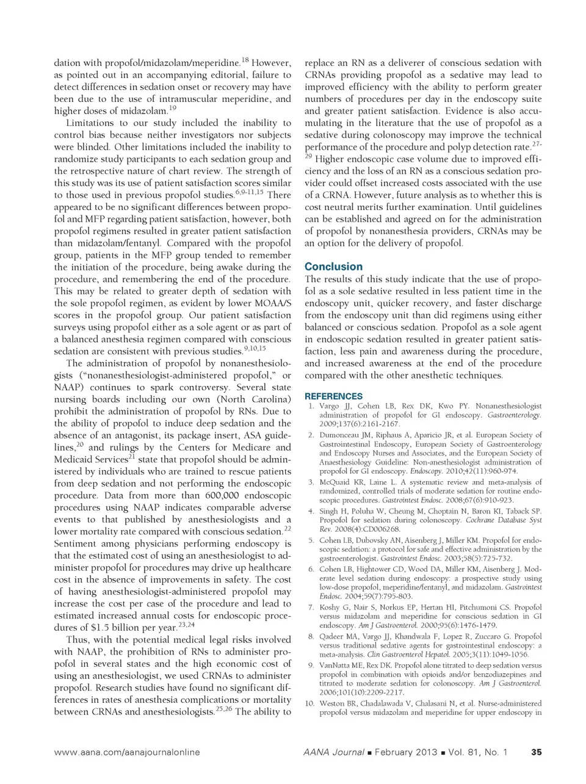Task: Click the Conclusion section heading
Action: (333, 267)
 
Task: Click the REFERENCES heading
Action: (333, 396)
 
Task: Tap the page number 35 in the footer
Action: (537, 752)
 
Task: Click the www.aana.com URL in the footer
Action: (126, 752)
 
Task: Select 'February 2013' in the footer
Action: (405, 752)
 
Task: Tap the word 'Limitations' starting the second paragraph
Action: (92, 123)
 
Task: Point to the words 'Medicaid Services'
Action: (91, 459)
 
